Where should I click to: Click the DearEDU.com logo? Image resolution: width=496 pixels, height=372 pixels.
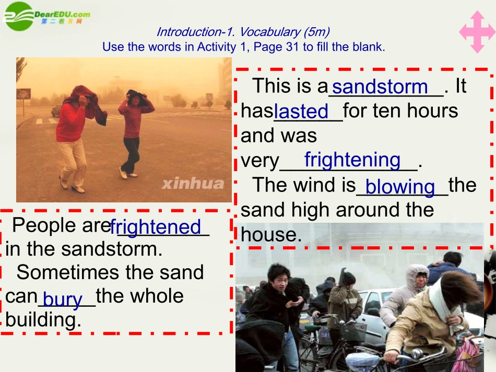point(47,16)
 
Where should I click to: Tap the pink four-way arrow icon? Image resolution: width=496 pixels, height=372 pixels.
point(477,32)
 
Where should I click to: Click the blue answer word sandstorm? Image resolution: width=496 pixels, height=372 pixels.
point(380,87)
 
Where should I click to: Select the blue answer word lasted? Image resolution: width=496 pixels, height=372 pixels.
point(301,111)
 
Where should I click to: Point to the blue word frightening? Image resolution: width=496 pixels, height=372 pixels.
point(352,160)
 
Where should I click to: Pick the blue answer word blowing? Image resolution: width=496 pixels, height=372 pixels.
point(400,186)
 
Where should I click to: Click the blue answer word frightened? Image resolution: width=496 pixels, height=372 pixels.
point(156,227)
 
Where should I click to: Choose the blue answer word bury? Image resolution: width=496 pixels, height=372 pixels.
point(63,299)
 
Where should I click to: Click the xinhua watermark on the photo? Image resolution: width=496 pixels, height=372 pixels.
point(193,183)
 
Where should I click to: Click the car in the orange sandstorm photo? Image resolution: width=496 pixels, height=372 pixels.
point(56,111)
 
